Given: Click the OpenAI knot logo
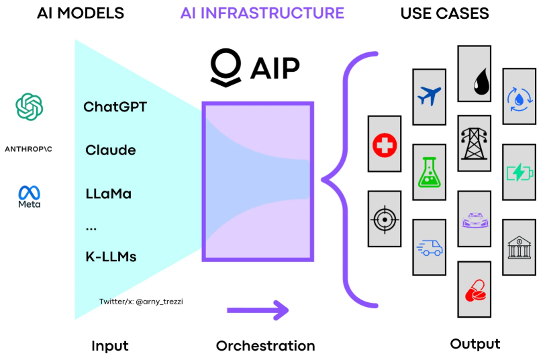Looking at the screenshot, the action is tap(30, 107).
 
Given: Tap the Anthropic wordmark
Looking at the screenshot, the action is tap(28, 149).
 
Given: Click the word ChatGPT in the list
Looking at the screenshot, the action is tap(115, 107).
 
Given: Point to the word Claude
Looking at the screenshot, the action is tap(111, 150).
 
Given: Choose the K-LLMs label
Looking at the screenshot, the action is tap(111, 257).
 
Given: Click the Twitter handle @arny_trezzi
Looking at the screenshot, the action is tap(159, 302).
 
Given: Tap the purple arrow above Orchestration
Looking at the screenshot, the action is tap(258, 310).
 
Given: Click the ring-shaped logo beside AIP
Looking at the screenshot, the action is tap(226, 68).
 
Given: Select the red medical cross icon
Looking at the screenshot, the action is tap(385, 145).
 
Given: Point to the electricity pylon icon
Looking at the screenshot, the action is tap(474, 144).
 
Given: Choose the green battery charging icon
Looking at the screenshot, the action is tap(520, 172).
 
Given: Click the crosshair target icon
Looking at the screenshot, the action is tap(385, 220).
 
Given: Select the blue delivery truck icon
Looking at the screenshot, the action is tap(430, 247).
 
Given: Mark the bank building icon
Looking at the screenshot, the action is tap(519, 247).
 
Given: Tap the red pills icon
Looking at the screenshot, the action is tap(475, 290).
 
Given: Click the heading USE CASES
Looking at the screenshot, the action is tap(445, 13).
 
